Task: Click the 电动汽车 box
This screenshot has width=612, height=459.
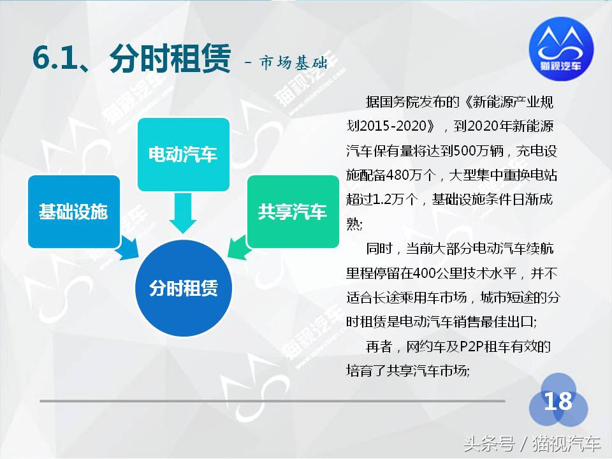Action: [x=183, y=154]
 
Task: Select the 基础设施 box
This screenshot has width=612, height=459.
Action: [x=73, y=212]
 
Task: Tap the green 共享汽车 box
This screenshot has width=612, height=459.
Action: [x=292, y=212]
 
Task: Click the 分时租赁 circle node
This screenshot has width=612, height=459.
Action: [x=183, y=288]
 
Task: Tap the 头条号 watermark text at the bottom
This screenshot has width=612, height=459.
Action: [x=488, y=442]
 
